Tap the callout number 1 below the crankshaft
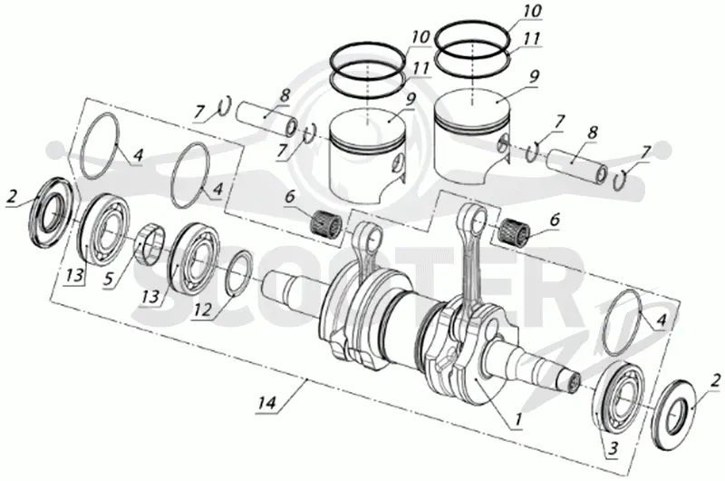tap(517, 419)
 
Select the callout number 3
tap(614, 448)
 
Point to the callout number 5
tap(109, 280)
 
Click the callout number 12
tap(201, 309)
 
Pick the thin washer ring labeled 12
tap(239, 272)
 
